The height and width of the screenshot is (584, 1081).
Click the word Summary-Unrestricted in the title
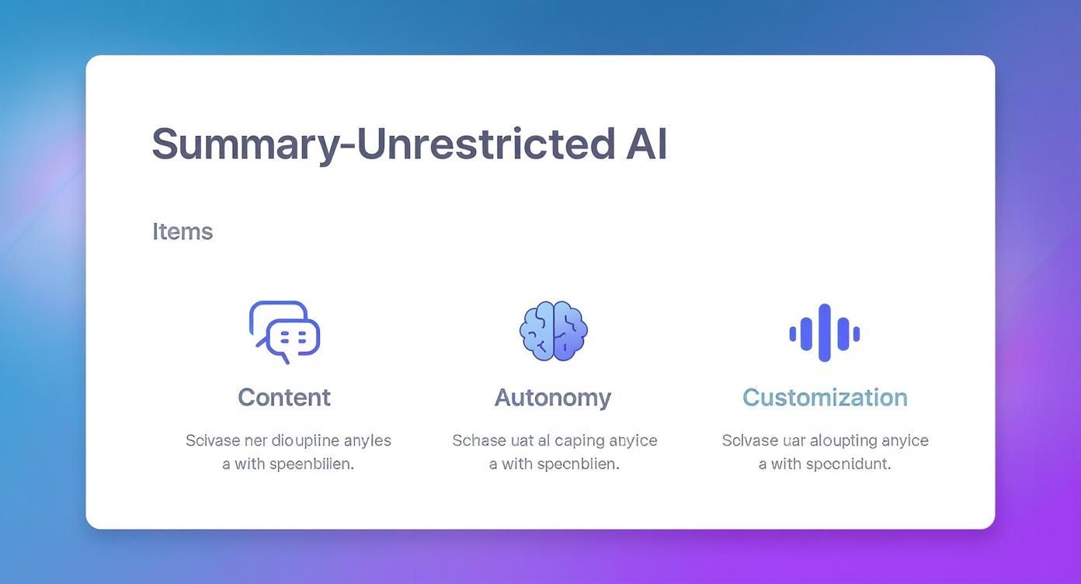pos(384,144)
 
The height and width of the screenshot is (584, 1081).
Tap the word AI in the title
pos(646,144)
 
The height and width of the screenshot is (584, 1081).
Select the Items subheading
pos(182,231)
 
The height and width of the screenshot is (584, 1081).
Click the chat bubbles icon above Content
pos(284,332)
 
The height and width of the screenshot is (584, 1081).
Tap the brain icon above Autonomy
pos(553,331)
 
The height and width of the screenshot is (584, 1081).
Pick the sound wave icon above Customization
pos(824,332)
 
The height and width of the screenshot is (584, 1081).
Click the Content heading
pos(284,397)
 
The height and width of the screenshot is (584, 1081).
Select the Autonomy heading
pos(553,397)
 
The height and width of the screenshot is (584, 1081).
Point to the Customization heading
pos(825,397)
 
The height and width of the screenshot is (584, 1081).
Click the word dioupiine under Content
pos(305,440)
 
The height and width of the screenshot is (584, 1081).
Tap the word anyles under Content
pos(367,440)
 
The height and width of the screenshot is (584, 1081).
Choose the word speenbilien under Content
pos(311,464)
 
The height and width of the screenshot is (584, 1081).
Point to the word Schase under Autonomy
pos(478,440)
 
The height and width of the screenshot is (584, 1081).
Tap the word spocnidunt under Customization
pos(848,464)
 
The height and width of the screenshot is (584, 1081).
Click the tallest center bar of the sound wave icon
pos(824,332)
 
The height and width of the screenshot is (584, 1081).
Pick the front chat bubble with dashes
pos(294,337)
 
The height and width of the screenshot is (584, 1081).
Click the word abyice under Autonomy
pos(633,440)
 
